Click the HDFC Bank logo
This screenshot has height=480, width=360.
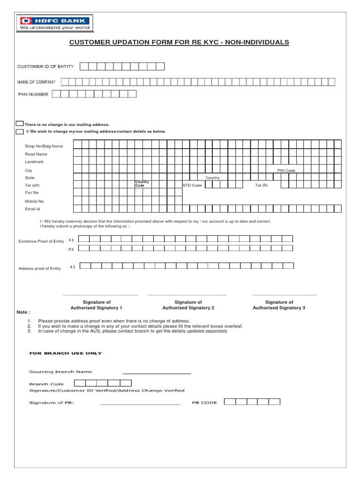[x=55, y=23]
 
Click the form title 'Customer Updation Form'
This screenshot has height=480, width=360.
[x=179, y=42]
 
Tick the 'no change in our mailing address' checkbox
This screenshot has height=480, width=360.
[x=20, y=124]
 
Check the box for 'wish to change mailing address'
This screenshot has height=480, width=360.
[x=20, y=132]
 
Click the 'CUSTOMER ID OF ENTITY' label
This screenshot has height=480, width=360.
[x=45, y=67]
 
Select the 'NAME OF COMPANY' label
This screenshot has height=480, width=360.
[x=36, y=82]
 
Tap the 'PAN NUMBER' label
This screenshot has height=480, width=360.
[x=33, y=95]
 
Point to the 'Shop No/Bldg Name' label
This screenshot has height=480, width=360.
[x=44, y=146]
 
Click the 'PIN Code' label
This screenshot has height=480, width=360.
[x=286, y=171]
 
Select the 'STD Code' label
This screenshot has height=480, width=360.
[x=192, y=186]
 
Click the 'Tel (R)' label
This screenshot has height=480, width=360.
[x=262, y=186]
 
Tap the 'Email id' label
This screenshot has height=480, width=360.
[x=32, y=209]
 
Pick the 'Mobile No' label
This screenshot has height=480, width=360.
[x=34, y=201]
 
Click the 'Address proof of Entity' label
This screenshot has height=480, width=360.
[x=39, y=269]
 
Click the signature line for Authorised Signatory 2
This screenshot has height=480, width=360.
[x=187, y=295]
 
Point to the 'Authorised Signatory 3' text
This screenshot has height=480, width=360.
[x=279, y=308]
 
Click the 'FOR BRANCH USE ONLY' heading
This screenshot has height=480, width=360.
[x=66, y=353]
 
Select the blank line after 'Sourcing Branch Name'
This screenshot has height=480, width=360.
[x=157, y=373]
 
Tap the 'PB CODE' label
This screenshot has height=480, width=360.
[x=204, y=403]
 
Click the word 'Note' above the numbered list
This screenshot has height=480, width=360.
[x=23, y=312]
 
